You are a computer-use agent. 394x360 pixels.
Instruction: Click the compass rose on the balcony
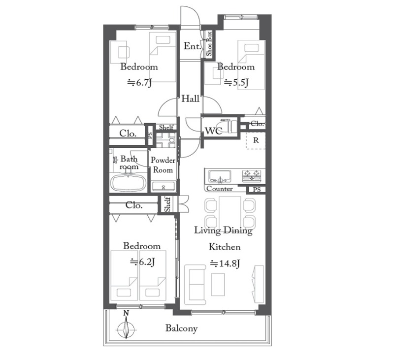127,328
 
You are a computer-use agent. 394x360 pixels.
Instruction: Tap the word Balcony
181,328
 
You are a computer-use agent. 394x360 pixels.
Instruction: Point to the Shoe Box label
209,44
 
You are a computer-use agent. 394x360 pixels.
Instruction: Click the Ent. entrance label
192,46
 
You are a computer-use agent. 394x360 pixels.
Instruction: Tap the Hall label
190,98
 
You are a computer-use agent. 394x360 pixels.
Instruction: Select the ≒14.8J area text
225,263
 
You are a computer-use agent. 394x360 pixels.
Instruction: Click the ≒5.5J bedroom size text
236,82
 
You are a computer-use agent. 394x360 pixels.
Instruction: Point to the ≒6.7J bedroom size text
140,82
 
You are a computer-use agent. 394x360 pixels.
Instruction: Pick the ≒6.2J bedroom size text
142,262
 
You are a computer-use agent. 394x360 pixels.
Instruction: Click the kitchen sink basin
220,176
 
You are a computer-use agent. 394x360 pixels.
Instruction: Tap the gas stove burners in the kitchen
252,175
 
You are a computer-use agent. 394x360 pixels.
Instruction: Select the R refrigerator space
256,140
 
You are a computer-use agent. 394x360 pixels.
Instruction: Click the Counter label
219,189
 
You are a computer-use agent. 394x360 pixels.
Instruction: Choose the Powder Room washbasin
164,187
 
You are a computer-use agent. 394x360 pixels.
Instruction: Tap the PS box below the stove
257,190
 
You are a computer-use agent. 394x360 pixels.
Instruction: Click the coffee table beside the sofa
218,284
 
